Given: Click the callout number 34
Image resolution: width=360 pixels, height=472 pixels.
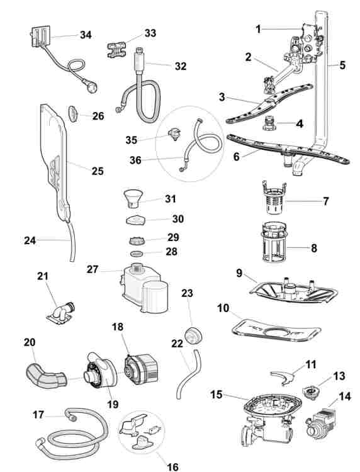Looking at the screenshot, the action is point(86,35).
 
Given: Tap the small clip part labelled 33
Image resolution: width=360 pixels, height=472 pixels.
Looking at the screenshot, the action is point(116,50).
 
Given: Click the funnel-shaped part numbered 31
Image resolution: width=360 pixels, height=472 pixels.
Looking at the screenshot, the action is point(133,198).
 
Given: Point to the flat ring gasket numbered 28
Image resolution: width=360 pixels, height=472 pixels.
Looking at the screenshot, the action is point(137,254).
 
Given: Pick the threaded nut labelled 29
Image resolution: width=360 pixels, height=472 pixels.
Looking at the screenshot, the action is point(137,241).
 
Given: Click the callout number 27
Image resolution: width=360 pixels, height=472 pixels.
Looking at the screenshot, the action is point(93,269).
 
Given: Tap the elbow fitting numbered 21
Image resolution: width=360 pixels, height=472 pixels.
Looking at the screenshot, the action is point(61,313).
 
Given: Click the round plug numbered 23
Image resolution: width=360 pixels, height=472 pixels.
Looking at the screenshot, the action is point(193,336).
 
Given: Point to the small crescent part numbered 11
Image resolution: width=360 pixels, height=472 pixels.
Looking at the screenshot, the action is point(283,376).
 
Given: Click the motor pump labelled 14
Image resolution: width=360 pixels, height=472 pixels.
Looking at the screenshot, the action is point(321,424).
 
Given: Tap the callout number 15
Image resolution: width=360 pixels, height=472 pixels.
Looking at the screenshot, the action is point(217,395).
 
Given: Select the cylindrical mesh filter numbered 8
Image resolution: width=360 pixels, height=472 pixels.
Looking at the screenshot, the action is point(273,242).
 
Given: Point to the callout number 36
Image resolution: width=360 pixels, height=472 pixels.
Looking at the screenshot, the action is point(135,160).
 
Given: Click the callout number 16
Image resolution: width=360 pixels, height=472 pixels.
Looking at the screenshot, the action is point(172,466).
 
